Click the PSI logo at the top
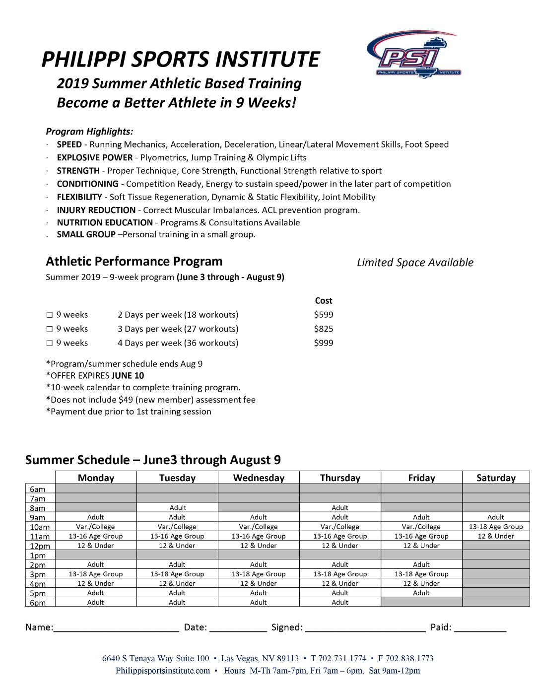(413, 55)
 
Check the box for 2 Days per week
(49, 315)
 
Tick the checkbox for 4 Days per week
(49, 343)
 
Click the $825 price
(324, 329)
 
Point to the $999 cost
(324, 343)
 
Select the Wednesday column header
(259, 478)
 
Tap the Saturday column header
(496, 478)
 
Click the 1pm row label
(38, 555)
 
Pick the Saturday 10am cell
(496, 527)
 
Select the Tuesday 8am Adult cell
(178, 508)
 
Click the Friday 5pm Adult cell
(421, 593)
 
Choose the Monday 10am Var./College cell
(95, 527)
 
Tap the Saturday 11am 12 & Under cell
(496, 536)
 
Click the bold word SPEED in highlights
(69, 144)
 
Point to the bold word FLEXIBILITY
(79, 197)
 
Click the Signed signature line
(365, 627)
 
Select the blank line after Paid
(480, 627)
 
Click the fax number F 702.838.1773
(405, 658)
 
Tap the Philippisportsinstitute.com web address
(163, 671)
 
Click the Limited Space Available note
(415, 263)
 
